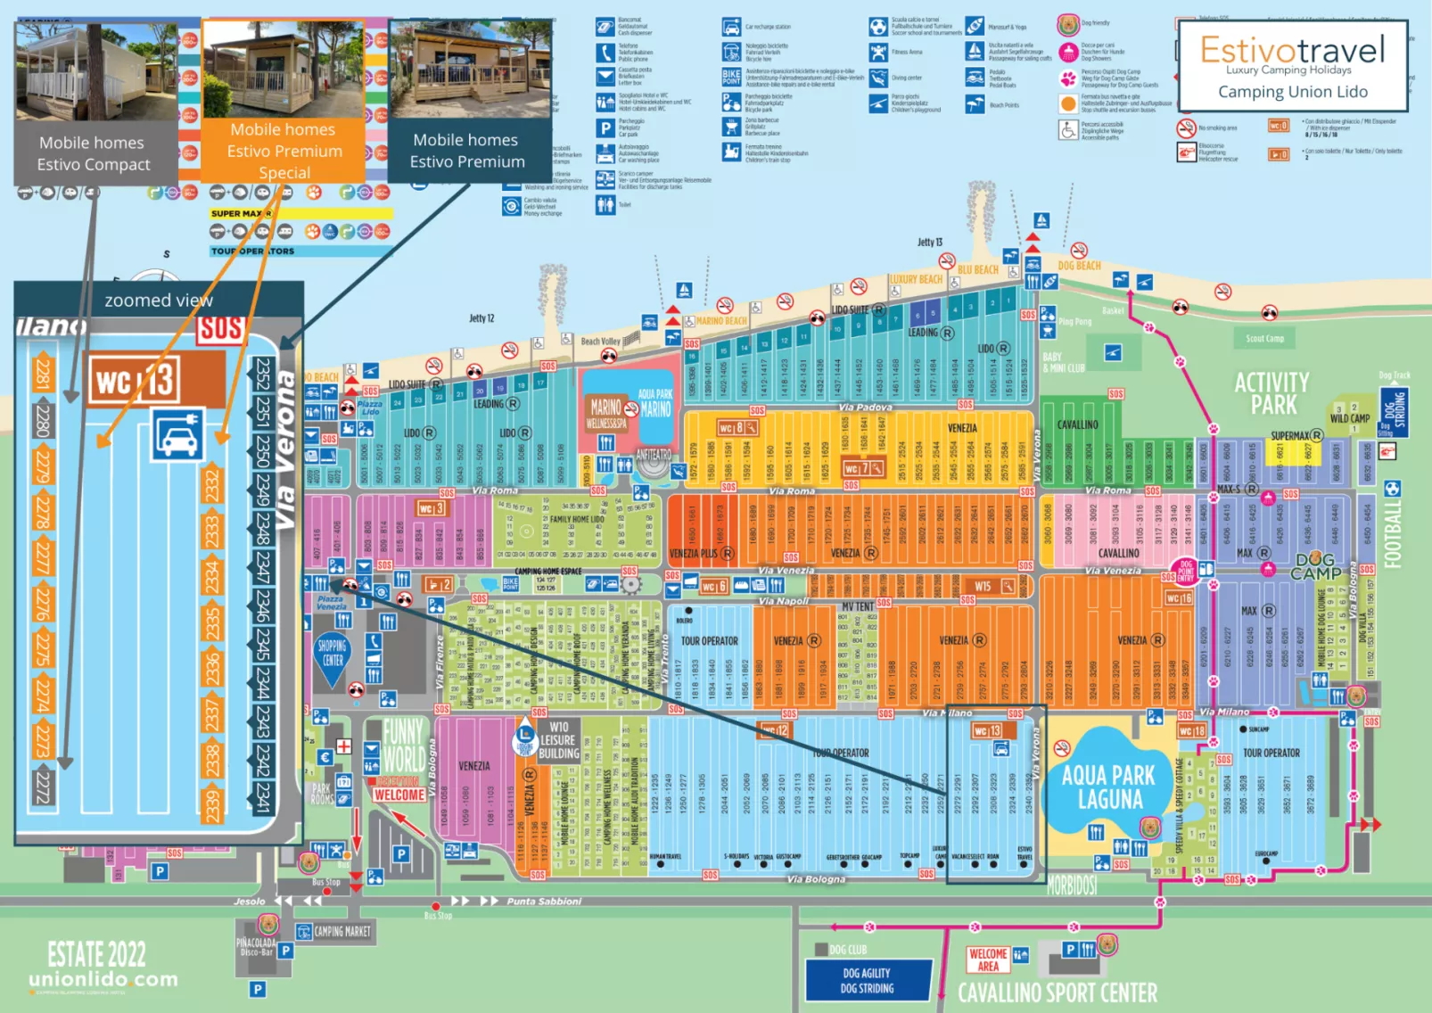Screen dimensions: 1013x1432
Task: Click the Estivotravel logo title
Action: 1292,50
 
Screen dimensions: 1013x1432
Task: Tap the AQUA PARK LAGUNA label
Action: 1108,787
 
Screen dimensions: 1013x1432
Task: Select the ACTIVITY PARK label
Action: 1272,394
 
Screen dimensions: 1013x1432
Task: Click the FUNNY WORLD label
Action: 404,745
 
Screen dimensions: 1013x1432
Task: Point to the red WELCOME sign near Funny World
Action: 399,795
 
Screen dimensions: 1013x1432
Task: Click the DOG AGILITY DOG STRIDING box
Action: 867,981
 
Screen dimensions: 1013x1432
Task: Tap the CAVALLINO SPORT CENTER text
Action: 1057,992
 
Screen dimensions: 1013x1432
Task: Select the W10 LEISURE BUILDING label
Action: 559,740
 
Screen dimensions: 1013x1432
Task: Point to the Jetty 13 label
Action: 929,243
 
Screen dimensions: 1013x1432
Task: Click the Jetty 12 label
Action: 481,318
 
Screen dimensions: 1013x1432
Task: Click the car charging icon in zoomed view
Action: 178,435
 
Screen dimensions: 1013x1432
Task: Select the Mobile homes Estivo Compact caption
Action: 93,153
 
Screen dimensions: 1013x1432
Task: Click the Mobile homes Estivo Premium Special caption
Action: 284,151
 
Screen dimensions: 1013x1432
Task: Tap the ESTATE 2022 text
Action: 96,954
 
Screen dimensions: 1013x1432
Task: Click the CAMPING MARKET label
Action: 342,932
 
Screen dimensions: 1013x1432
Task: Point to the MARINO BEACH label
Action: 720,321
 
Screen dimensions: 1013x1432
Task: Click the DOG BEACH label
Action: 1079,266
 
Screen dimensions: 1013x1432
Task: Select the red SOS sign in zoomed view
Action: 220,328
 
